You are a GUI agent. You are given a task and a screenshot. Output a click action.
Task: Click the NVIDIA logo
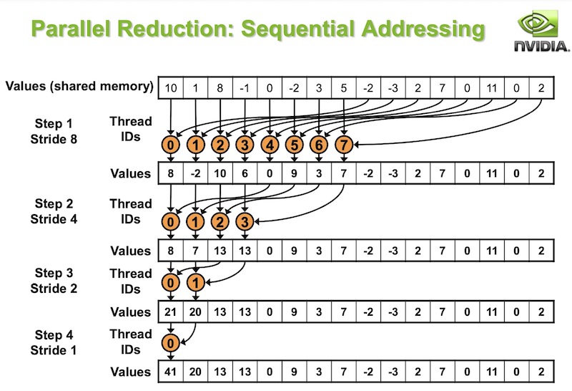[x=538, y=34]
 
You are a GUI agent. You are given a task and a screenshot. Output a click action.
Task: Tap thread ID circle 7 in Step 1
[x=343, y=145]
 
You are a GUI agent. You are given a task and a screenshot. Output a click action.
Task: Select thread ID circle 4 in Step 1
[x=270, y=145]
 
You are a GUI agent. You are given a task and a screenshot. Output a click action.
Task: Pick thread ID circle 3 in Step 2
[x=245, y=221]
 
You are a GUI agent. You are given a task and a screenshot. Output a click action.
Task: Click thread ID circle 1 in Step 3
[x=195, y=283]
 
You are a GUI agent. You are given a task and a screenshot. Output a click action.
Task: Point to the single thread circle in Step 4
[x=171, y=344]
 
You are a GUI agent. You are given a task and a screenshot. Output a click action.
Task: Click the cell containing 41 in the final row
[x=171, y=372]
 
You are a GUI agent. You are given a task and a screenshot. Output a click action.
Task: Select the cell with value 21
[x=171, y=312]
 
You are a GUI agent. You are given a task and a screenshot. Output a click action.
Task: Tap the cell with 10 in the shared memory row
[x=171, y=88]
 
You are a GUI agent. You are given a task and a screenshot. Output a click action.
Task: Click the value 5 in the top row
[x=343, y=88]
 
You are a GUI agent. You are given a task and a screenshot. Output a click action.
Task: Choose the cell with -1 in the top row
[x=245, y=88]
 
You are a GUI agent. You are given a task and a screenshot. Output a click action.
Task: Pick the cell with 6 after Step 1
[x=245, y=173]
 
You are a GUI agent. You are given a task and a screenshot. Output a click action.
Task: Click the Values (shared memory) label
[x=79, y=87]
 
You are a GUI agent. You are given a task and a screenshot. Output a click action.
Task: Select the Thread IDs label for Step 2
[x=131, y=211]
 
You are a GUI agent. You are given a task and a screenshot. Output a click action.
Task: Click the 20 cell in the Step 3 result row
[x=195, y=312]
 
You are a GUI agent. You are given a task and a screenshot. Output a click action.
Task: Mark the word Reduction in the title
[x=171, y=29]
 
